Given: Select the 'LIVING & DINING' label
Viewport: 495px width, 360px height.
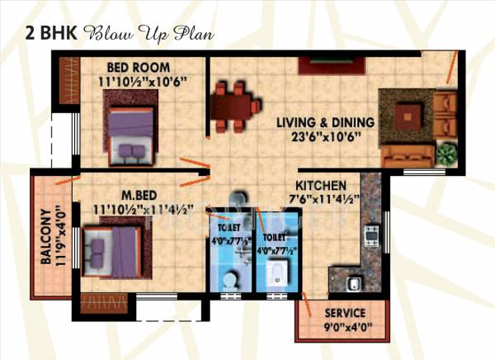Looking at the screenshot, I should click(325, 123).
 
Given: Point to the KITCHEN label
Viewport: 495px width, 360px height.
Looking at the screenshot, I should click(323, 186).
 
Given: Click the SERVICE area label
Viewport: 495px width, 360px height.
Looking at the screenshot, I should click(345, 313).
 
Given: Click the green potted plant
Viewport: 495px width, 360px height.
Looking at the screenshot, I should click(446, 154).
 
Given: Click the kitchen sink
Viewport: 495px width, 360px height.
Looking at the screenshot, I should click(353, 283).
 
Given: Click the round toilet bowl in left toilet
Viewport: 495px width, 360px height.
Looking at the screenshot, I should click(230, 280).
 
